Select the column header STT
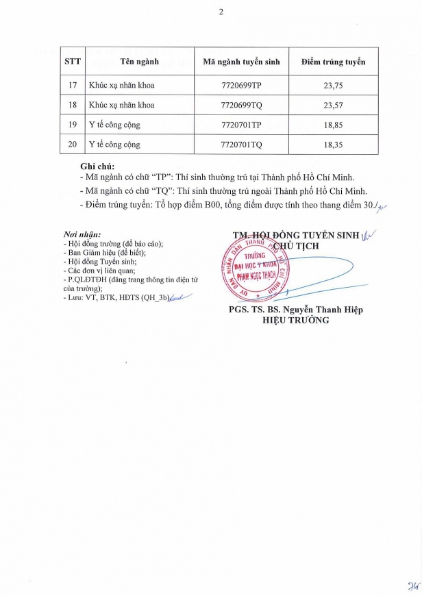pos(73,62)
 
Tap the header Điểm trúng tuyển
pos(333,62)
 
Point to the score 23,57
pos(333,105)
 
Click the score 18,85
pos(333,125)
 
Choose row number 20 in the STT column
pos(73,145)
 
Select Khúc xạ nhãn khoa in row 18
pos(122,105)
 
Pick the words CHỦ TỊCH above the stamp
pos(296,245)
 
